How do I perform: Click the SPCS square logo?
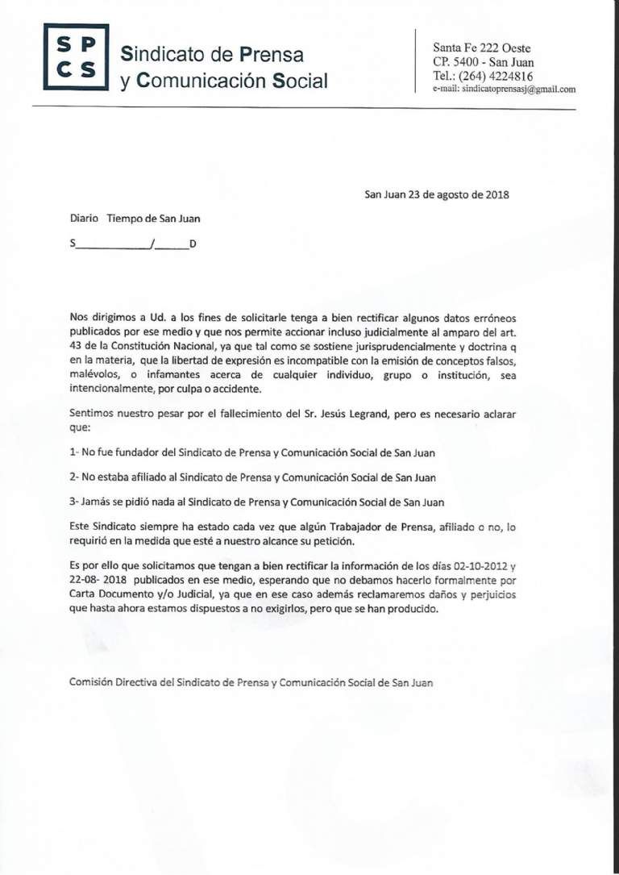click(x=76, y=57)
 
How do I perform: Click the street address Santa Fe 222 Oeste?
click(x=482, y=48)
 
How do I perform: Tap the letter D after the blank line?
click(x=193, y=244)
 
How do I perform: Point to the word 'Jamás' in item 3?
click(x=96, y=502)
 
